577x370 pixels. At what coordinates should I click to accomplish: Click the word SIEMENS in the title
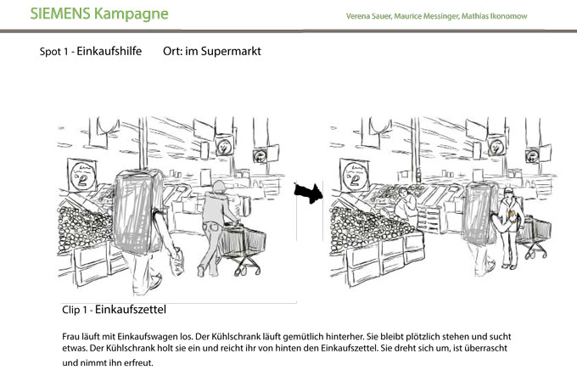(60, 14)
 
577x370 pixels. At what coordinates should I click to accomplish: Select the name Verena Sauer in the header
(368, 16)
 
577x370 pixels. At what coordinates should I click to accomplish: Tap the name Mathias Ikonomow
(494, 16)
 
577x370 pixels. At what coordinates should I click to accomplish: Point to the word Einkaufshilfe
(109, 51)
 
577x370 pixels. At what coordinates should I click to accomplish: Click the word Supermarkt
(231, 51)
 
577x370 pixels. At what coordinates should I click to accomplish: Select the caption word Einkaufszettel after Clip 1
(131, 309)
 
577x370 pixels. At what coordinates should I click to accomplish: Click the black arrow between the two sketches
(308, 193)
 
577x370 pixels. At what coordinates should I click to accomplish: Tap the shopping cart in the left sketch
(243, 247)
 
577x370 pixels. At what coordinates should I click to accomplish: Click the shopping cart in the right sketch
(535, 235)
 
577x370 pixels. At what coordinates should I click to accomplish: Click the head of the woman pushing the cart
(219, 187)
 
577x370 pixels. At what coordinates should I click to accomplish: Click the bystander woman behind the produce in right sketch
(406, 207)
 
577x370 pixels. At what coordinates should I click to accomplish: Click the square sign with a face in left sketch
(82, 176)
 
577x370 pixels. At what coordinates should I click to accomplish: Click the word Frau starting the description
(70, 337)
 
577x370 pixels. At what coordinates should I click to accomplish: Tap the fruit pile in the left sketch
(84, 228)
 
